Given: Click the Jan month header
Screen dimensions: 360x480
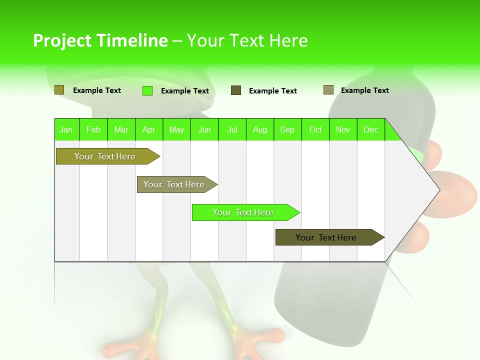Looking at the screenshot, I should tap(66, 129).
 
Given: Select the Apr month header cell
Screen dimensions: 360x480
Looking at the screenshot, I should tap(149, 129).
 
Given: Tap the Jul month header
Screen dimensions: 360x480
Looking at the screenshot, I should tap(232, 129).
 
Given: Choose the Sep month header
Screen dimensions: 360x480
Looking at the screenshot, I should tap(287, 129).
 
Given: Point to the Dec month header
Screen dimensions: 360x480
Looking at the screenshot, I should tap(370, 129).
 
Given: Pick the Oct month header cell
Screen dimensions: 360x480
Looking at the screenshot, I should tap(315, 129).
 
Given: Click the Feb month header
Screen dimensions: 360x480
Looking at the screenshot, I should tap(93, 129).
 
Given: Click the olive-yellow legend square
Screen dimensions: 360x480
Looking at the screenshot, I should tap(59, 90).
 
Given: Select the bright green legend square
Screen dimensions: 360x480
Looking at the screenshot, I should tap(147, 90).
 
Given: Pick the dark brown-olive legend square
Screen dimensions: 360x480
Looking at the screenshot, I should tap(236, 90).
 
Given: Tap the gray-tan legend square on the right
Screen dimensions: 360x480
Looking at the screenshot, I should tap(328, 90).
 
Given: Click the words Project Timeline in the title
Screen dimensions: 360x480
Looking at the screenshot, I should tap(100, 40).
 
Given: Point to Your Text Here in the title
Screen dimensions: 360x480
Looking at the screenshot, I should tap(247, 40).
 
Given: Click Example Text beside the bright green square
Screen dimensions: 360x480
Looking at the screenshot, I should tap(184, 91).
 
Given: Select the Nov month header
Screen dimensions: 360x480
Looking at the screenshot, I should tap(343, 129).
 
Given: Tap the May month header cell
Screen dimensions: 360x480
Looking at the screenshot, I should tap(176, 129).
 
